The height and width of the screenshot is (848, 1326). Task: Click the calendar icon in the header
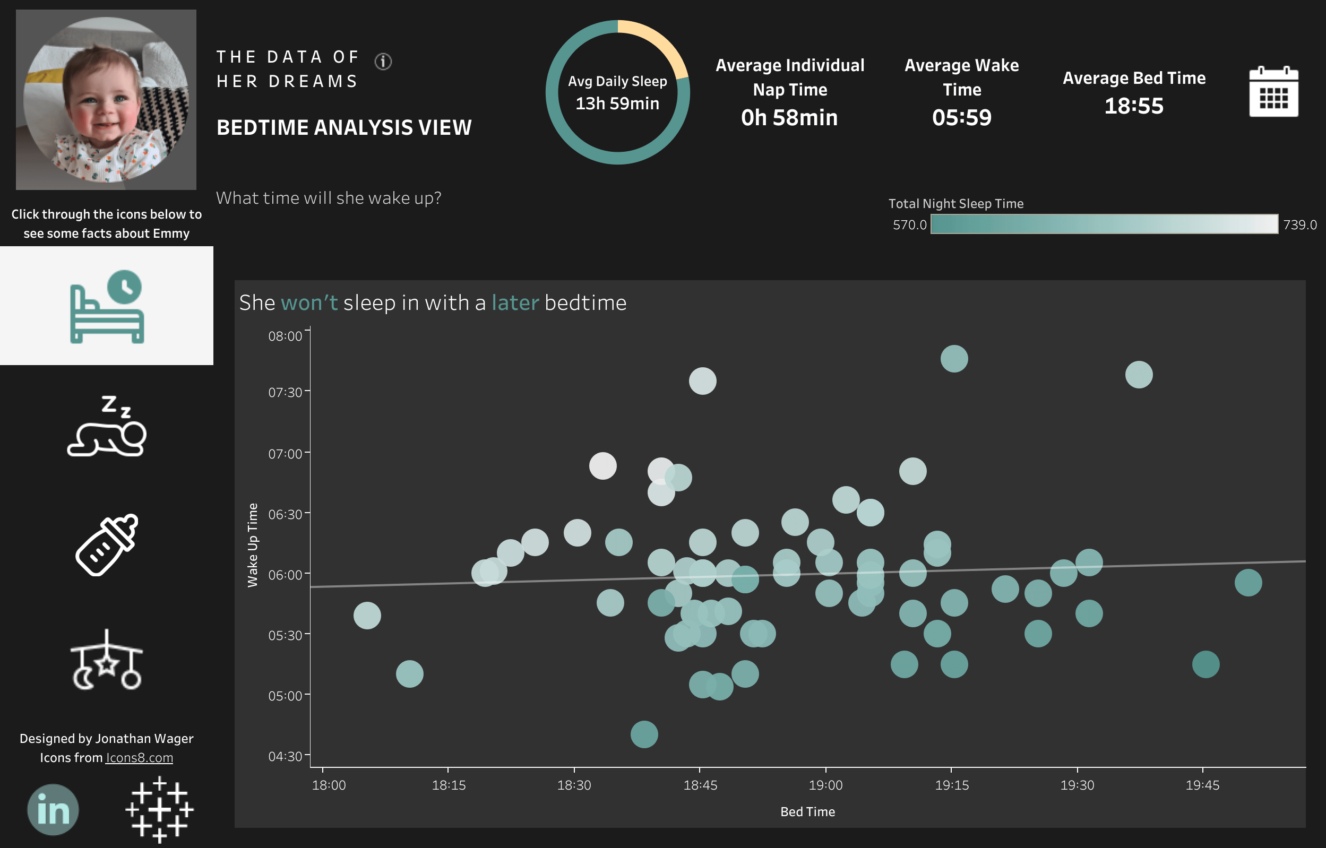click(x=1273, y=92)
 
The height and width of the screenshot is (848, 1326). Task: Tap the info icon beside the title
click(x=383, y=61)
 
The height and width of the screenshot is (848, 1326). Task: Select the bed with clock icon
click(x=107, y=306)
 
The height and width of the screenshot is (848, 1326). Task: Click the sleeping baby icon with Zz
click(x=107, y=426)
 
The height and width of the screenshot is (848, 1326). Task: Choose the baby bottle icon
click(x=107, y=544)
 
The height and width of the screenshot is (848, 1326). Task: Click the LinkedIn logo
click(x=53, y=809)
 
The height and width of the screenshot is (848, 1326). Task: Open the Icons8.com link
click(x=139, y=758)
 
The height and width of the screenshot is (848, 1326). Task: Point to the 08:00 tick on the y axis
click(x=285, y=336)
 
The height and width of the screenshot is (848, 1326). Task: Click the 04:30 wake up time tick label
click(x=285, y=756)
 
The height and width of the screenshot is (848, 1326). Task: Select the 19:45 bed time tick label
click(x=1202, y=785)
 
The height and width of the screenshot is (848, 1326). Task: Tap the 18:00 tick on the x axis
click(x=329, y=785)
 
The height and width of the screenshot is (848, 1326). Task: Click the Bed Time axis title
click(x=807, y=812)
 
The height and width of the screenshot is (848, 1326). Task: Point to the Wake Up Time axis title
click(x=253, y=545)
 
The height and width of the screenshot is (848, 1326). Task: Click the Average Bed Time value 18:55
click(x=1134, y=106)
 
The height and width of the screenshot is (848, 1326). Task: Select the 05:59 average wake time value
click(x=961, y=117)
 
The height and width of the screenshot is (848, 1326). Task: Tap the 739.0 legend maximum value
click(x=1299, y=224)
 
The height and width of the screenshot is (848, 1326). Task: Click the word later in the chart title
click(x=515, y=303)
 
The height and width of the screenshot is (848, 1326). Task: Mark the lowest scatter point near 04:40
click(x=644, y=734)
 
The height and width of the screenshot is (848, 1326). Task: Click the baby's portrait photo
click(x=106, y=100)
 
